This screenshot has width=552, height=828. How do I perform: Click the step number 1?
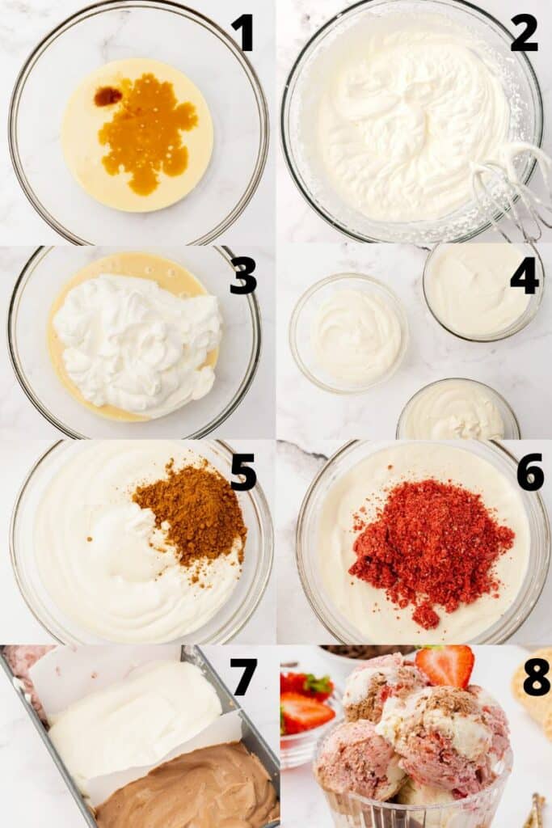242,33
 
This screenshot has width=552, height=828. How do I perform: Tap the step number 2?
524,33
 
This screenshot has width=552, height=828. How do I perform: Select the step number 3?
242,276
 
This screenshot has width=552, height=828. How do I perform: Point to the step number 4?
524,276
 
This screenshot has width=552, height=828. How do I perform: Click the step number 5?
242,472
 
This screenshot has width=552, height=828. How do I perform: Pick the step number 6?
530,472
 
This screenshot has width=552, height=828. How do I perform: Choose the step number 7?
243,678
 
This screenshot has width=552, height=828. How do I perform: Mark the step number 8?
536,678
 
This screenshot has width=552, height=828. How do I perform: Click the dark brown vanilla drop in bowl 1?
107,96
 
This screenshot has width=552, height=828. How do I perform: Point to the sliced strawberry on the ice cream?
445,665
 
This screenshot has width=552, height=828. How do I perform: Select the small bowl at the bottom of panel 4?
457,412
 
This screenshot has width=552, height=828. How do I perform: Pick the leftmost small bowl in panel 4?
349,332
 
